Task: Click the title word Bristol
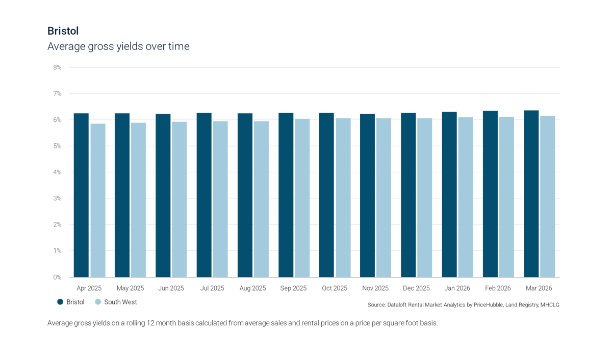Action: click(x=63, y=31)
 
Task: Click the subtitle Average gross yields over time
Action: click(x=118, y=46)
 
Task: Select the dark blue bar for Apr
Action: click(x=81, y=195)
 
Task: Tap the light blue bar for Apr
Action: click(x=98, y=200)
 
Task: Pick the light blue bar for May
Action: click(x=139, y=199)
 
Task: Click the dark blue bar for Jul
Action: click(x=204, y=195)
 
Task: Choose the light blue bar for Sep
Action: click(x=302, y=197)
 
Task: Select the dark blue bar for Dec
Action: click(x=409, y=195)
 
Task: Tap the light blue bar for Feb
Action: click(x=507, y=196)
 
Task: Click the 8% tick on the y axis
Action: click(x=58, y=67)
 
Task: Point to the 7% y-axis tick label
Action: click(x=58, y=94)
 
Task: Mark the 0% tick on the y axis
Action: click(x=58, y=277)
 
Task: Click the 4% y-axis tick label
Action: click(x=58, y=172)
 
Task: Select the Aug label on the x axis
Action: click(x=253, y=288)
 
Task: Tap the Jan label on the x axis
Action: click(x=457, y=288)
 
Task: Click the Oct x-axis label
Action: click(x=335, y=288)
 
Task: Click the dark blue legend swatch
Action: click(x=61, y=302)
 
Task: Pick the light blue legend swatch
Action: click(x=98, y=302)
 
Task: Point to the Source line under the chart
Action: click(x=463, y=304)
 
